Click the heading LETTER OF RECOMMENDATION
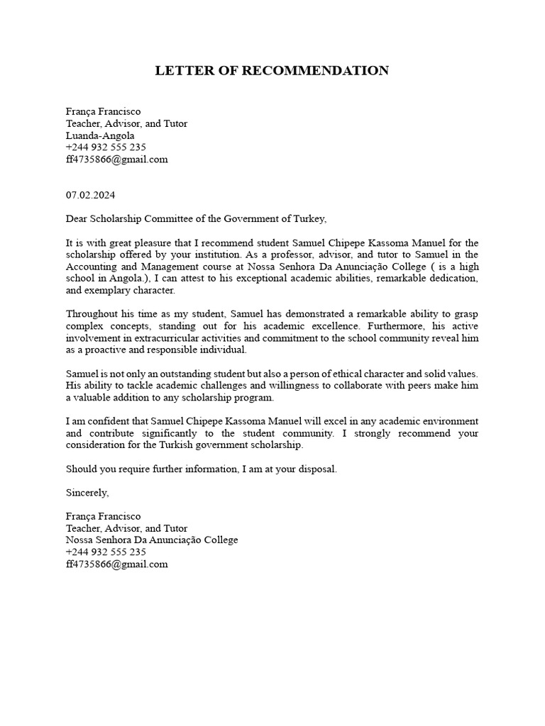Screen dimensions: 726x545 pyautogui.click(x=272, y=70)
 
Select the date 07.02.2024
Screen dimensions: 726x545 pyautogui.click(x=90, y=195)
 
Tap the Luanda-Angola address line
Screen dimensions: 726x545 pyautogui.click(x=99, y=135)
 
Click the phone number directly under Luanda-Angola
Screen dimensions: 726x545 pyautogui.click(x=106, y=147)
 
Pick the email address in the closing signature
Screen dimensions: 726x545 pyautogui.click(x=116, y=564)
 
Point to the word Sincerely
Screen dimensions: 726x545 pyautogui.click(x=87, y=492)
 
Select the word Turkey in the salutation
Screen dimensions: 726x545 pyautogui.click(x=311, y=218)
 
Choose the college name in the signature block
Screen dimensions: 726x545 pyautogui.click(x=151, y=540)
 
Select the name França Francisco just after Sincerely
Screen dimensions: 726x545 pyautogui.click(x=103, y=516)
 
